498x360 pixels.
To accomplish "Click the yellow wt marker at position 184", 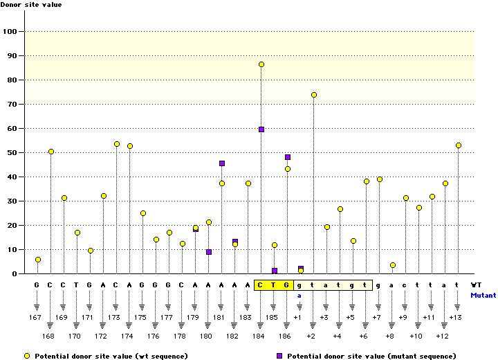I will (261, 64).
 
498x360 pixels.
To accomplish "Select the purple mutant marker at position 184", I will (261, 129).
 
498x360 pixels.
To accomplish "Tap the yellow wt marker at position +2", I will (314, 95).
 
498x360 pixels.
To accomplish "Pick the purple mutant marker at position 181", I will (222, 163).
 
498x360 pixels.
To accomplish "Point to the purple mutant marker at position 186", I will (288, 157).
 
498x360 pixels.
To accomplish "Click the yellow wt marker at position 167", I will (38, 260).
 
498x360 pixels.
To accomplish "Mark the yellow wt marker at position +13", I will (459, 145).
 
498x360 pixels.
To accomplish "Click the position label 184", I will (258, 336).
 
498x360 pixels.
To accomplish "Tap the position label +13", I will (455, 317).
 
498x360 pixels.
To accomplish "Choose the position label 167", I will (36, 317).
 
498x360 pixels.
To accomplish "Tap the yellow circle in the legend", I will (27, 355).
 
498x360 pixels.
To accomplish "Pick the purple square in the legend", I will (280, 355).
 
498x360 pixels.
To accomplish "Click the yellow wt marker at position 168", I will (51, 152).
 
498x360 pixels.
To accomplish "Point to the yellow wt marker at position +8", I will (393, 265).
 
